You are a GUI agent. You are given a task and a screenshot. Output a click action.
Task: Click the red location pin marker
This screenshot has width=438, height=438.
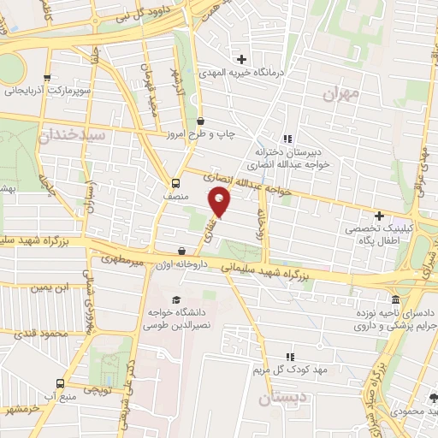[220, 203]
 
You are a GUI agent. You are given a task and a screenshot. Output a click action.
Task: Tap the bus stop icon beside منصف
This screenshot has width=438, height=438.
[175, 182]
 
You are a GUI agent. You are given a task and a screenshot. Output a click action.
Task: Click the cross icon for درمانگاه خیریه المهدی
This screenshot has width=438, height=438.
[242, 59]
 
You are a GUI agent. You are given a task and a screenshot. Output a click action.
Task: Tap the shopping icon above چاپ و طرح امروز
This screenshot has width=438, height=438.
[200, 121]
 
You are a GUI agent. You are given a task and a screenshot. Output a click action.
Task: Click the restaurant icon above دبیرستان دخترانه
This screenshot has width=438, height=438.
[287, 139]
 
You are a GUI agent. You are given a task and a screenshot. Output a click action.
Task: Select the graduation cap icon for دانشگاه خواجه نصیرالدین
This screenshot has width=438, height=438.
[176, 299]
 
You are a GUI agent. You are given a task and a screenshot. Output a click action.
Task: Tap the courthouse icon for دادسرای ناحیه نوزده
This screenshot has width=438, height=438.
[395, 300]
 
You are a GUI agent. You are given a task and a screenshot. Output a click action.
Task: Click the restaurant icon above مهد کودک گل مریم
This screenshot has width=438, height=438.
[289, 357]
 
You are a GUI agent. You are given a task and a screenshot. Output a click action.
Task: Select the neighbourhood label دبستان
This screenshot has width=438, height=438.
[281, 399]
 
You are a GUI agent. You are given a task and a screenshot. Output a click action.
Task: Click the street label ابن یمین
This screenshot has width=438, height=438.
[49, 288]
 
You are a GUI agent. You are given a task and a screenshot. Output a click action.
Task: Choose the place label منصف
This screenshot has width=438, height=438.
[175, 197]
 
